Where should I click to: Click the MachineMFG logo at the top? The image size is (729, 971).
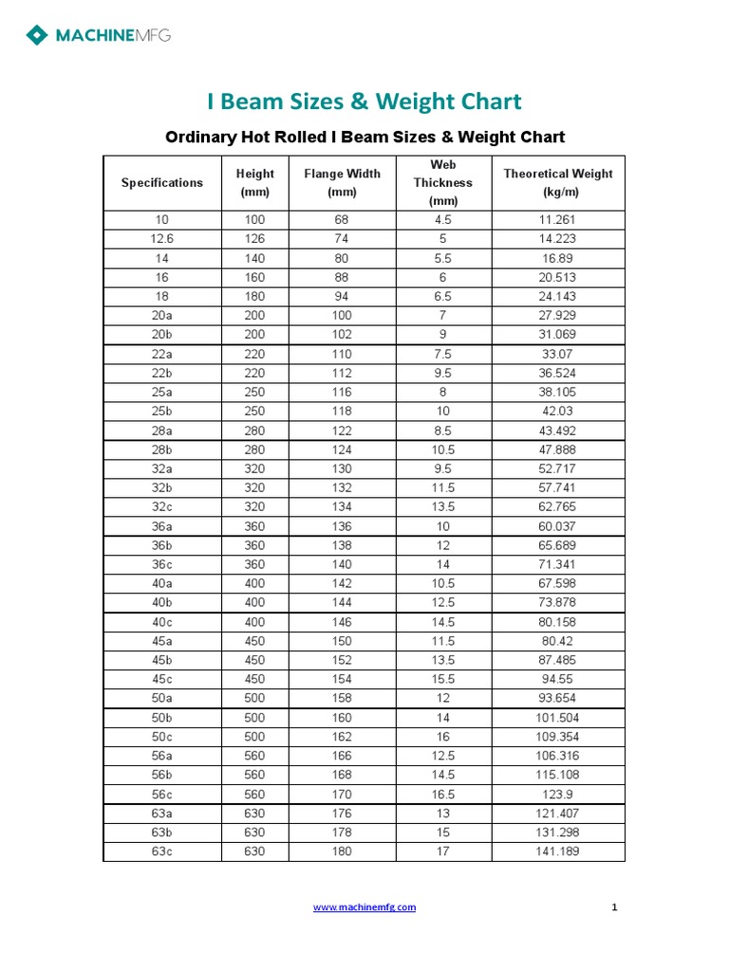point(99,36)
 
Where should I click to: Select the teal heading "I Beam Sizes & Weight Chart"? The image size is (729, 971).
point(364,101)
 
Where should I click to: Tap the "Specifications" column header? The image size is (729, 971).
point(162,183)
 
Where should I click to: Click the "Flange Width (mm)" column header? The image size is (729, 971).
point(342,183)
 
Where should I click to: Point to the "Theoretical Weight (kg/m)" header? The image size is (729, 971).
point(558,183)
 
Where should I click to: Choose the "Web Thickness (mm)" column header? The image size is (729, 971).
point(442,183)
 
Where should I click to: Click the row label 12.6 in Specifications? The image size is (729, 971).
point(162,239)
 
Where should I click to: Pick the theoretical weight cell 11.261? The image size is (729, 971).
point(558,220)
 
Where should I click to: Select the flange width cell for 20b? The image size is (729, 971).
point(342,335)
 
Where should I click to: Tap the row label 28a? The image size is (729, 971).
point(162,431)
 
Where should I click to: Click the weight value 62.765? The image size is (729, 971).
point(558,507)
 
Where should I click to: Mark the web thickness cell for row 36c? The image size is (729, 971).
point(442,564)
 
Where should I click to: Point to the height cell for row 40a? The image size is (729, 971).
point(255,583)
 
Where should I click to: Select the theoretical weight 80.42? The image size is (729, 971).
point(558,641)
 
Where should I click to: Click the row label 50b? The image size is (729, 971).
point(162,718)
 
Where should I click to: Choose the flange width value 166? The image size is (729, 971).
point(342,756)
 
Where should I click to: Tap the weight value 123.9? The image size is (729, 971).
point(558,794)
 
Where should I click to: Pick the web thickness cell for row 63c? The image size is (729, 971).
point(442,852)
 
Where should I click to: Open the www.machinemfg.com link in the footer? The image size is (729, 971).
point(364,907)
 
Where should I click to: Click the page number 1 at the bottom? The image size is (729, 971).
point(615,907)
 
